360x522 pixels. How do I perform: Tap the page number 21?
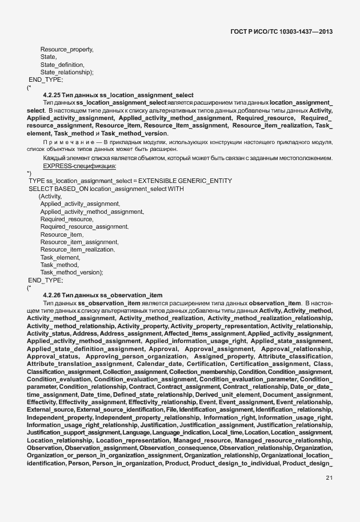pos(329,478)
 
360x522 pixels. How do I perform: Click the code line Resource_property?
pos(66,50)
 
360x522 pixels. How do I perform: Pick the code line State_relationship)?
pos(66,73)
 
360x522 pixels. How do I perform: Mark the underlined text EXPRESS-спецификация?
pos(79,165)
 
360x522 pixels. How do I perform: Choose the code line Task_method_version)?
pos(71,273)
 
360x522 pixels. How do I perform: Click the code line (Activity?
pos(50,196)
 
